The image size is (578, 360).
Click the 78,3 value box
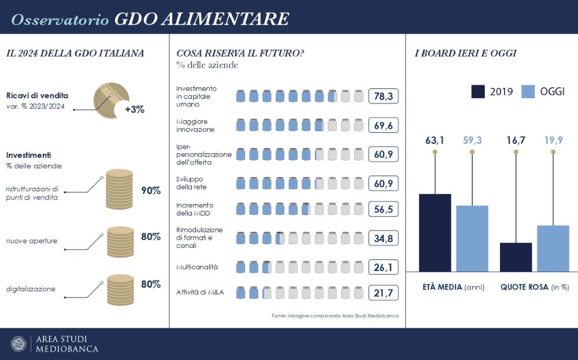click(383, 96)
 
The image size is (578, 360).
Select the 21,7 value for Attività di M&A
click(383, 293)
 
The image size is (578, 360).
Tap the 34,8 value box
click(383, 238)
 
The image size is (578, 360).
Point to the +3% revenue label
click(134, 109)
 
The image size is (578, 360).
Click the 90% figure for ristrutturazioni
click(150, 191)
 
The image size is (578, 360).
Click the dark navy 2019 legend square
click(478, 91)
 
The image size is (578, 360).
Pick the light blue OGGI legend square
click(527, 91)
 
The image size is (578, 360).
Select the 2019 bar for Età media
click(435, 232)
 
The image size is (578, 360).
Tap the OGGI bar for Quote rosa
click(553, 248)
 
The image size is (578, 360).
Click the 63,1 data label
click(435, 140)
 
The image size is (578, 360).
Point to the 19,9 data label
click(553, 140)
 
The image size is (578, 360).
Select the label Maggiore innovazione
click(195, 125)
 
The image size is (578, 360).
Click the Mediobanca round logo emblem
click(18, 344)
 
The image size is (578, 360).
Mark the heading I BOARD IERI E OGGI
click(466, 53)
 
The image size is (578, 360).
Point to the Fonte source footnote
click(335, 316)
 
